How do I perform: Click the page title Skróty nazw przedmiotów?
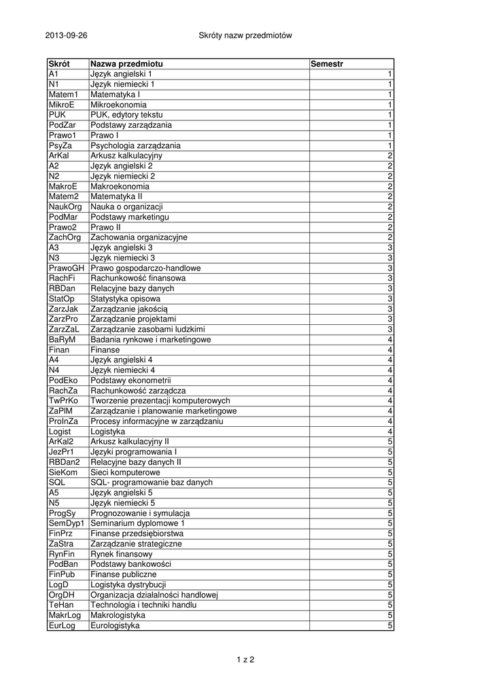pyautogui.click(x=245, y=35)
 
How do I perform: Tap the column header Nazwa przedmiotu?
pyautogui.click(x=126, y=64)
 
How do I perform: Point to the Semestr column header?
pyautogui.click(x=327, y=64)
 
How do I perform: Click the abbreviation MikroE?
pyautogui.click(x=60, y=105)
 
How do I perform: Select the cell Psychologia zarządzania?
pyautogui.click(x=135, y=145)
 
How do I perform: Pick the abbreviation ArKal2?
pyautogui.click(x=60, y=441)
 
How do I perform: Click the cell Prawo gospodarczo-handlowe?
pyautogui.click(x=145, y=268)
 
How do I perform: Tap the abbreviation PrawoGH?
pyautogui.click(x=65, y=268)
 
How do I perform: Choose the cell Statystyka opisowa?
pyautogui.click(x=126, y=298)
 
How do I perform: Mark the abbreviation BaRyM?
pyautogui.click(x=62, y=339)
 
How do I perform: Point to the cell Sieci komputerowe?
pyautogui.click(x=125, y=472)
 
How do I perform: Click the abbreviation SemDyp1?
pyautogui.click(x=66, y=523)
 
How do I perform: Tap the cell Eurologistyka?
pyautogui.click(x=115, y=625)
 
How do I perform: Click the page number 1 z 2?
pyautogui.click(x=245, y=659)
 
